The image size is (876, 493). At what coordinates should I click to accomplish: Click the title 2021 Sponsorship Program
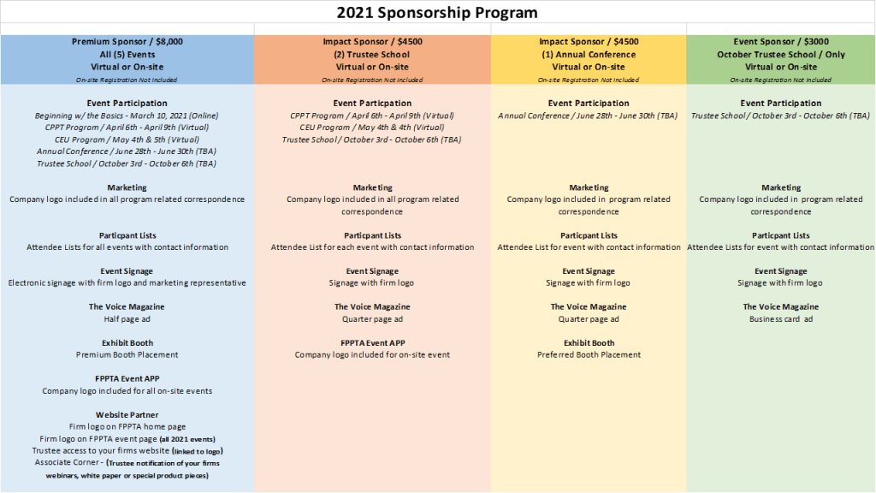[437, 12]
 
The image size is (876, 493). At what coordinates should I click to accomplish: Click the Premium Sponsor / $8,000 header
[127, 41]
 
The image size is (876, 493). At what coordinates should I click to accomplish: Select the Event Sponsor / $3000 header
[781, 41]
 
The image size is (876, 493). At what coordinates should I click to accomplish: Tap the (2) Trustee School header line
[372, 54]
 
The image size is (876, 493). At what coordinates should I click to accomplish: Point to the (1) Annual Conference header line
[589, 54]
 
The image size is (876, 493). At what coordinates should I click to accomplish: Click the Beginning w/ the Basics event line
[127, 116]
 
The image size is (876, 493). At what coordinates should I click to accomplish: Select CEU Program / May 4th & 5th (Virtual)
[127, 140]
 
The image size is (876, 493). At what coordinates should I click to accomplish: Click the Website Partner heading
[127, 415]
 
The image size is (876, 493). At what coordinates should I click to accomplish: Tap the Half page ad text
[127, 319]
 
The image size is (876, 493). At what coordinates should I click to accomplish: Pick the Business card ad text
[781, 319]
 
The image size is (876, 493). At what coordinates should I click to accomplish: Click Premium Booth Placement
[127, 354]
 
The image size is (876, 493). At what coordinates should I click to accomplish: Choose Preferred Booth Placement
[589, 354]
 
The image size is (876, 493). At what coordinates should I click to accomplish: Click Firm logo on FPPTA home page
[127, 426]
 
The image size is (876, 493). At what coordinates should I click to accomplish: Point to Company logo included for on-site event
[372, 355]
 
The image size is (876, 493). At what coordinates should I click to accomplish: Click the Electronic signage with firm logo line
[127, 282]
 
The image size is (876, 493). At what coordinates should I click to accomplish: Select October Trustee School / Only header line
[781, 54]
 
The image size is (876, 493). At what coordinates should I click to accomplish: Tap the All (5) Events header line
[127, 54]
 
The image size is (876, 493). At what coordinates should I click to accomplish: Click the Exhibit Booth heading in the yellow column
[589, 342]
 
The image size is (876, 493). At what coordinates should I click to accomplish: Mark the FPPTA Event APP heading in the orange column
[373, 342]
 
